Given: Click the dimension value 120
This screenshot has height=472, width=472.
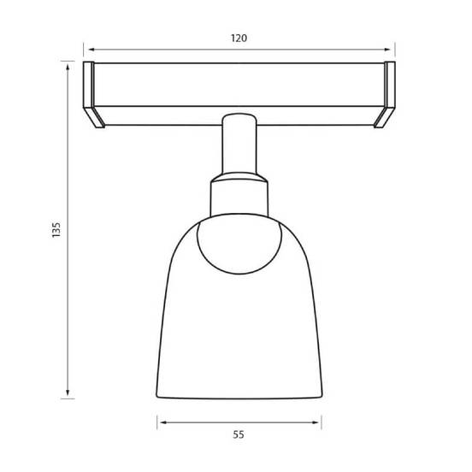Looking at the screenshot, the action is (239, 38).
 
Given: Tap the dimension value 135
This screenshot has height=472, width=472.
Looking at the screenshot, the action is (56, 230).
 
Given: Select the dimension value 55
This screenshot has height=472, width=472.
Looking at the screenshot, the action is (239, 434).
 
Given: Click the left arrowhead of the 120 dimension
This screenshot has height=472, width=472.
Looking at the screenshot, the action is (91, 50).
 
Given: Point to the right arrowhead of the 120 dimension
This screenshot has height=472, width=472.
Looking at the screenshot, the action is (387, 50).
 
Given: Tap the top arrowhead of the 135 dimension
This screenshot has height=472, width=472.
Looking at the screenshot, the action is (68, 68).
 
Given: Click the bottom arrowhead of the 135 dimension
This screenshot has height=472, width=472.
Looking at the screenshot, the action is (68, 392).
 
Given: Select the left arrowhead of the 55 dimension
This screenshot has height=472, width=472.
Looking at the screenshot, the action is (163, 422).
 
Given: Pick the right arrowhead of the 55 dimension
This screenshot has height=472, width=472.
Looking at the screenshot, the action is (316, 422).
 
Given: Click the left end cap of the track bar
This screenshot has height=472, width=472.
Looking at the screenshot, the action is (89, 85).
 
